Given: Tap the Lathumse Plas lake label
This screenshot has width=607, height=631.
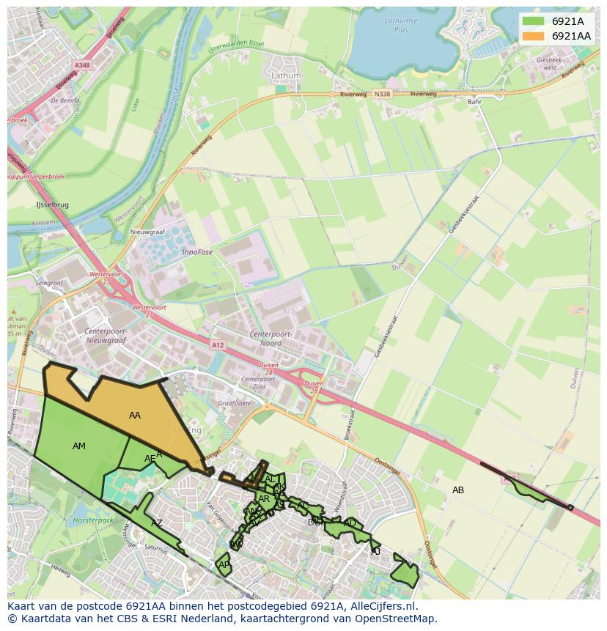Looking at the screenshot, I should [x=401, y=25].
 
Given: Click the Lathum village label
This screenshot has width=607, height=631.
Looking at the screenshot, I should [x=286, y=75].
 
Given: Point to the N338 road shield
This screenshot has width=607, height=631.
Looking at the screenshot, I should [x=381, y=94].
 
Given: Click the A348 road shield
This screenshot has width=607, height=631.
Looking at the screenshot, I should [x=82, y=65].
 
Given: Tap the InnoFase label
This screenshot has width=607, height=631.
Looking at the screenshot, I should [x=196, y=251].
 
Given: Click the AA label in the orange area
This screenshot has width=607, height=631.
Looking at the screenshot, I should [x=135, y=416].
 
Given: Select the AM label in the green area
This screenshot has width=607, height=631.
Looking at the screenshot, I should [x=79, y=446].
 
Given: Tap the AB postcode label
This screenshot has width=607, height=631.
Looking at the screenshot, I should [x=458, y=490].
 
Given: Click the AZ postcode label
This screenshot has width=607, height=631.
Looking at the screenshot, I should [x=156, y=523].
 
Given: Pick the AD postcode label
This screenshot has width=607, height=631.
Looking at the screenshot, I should [x=350, y=523].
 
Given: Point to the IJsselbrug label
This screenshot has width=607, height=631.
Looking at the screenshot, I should [x=52, y=205].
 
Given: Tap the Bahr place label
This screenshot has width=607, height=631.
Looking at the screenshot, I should [x=474, y=102].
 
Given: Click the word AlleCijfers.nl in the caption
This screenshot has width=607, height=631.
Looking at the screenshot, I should [x=380, y=606].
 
